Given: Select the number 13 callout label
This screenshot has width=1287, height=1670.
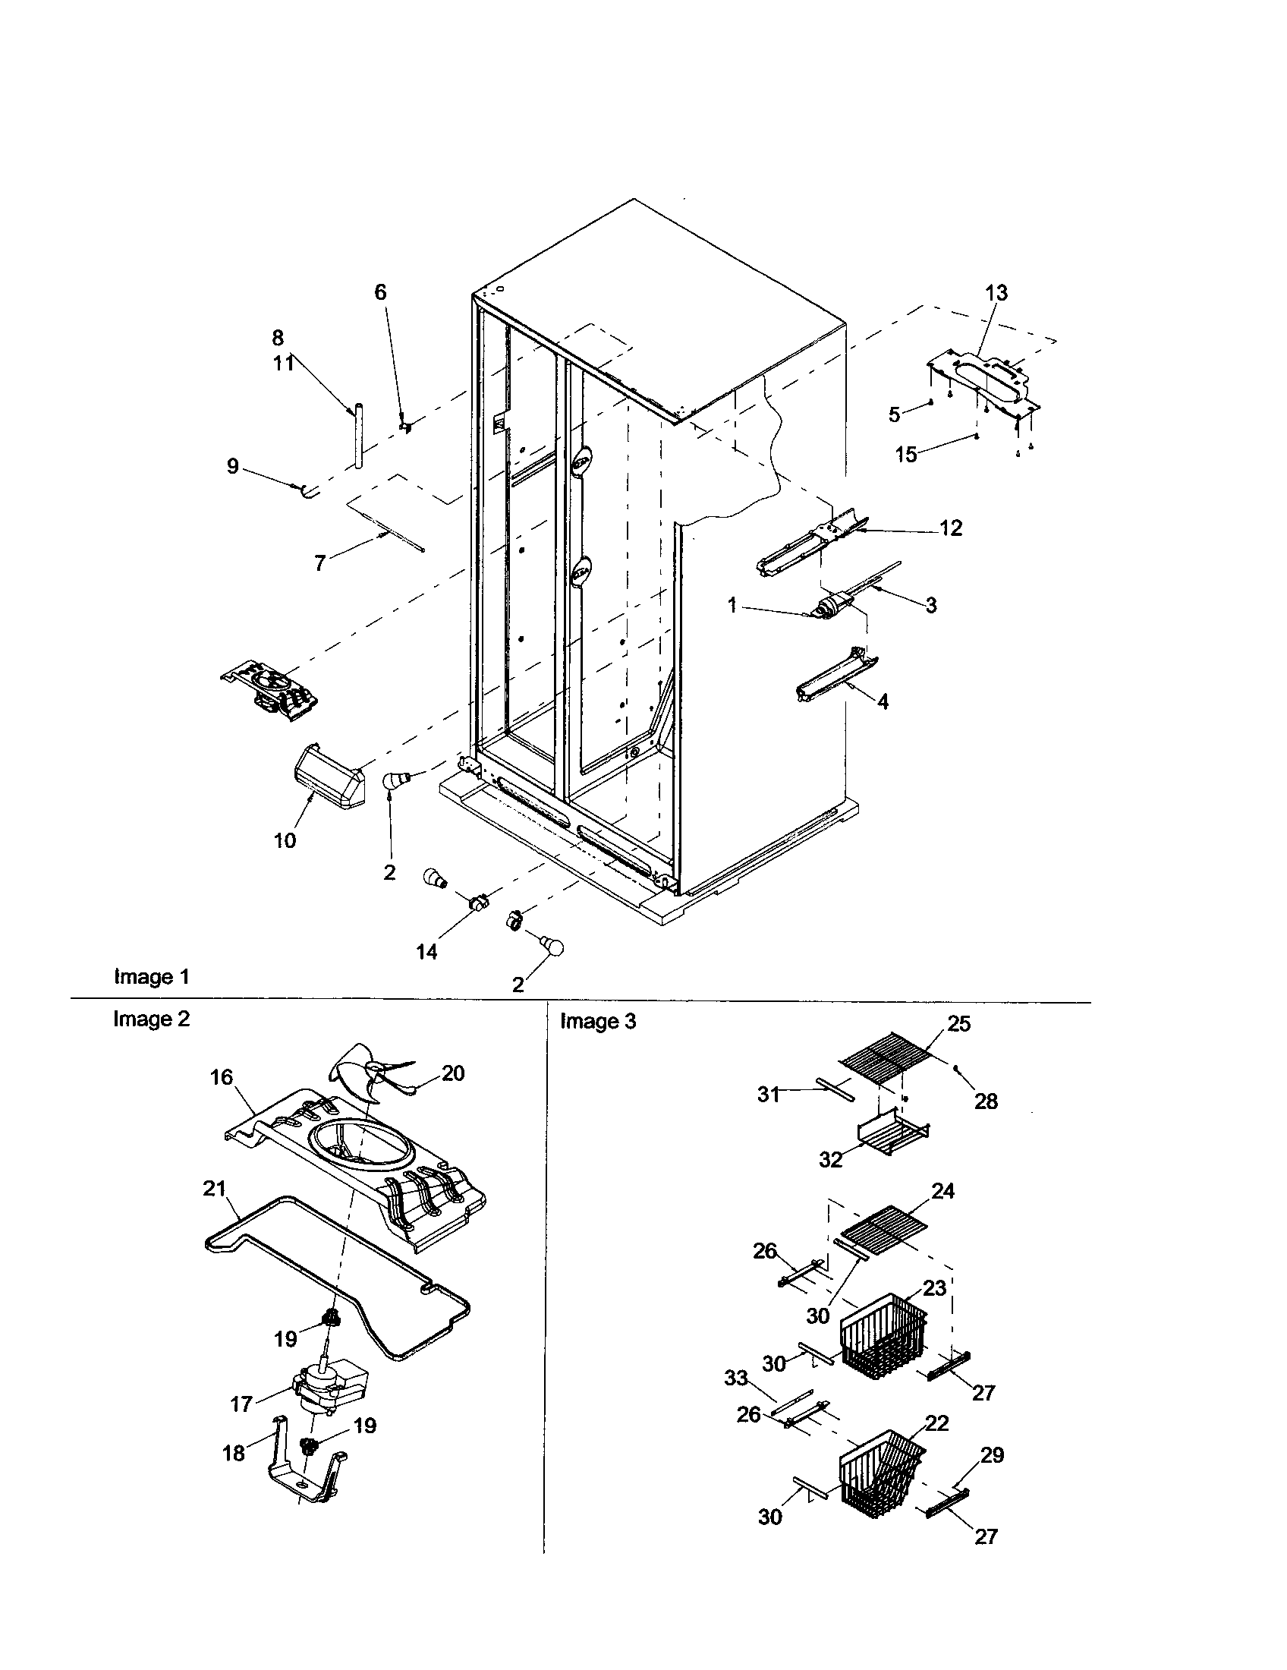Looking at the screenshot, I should pos(996,293).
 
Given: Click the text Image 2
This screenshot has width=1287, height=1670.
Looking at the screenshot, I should pos(150,1019).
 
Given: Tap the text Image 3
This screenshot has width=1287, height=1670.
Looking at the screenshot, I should pos(598,1021).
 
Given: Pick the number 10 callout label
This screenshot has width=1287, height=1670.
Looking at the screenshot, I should pos(285,841).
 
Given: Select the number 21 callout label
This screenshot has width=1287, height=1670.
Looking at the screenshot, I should pos(215,1188).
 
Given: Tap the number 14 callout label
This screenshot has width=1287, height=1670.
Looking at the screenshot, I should pos(426,952).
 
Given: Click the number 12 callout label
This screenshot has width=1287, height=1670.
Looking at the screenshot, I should pos(951,528).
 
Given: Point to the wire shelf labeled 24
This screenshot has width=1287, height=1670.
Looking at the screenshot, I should pos(886,1221).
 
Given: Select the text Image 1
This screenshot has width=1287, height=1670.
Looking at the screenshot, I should pos(150,976).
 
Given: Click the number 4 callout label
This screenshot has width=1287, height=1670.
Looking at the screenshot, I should pos(883,701).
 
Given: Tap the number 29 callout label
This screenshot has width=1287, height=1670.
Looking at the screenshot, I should pos(992,1455).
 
